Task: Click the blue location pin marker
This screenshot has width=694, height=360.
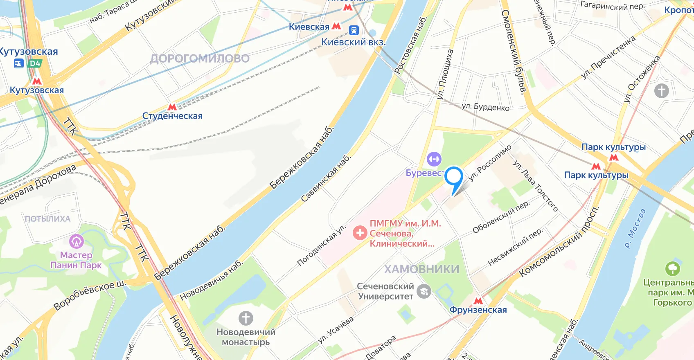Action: point(453,177)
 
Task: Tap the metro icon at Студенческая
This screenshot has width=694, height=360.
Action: point(172,107)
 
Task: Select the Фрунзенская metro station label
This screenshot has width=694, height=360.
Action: point(478,310)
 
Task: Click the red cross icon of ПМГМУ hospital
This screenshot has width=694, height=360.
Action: point(360,233)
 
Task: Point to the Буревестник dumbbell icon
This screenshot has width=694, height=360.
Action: point(434,159)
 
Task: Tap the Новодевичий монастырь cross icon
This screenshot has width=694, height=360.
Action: point(246,318)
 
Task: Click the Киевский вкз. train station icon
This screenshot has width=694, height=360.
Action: point(354,30)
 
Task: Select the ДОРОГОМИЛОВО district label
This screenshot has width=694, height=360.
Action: point(200,59)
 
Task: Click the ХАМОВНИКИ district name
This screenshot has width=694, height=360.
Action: point(421,269)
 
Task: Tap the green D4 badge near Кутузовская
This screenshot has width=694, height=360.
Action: point(35,63)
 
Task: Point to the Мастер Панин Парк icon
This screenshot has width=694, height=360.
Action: point(76,241)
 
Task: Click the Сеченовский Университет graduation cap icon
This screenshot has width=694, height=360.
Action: point(424,291)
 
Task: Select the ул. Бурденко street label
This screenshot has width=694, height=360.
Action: point(485,107)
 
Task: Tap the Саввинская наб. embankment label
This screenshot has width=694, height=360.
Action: point(326,178)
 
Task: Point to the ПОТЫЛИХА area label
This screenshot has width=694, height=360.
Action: point(48,219)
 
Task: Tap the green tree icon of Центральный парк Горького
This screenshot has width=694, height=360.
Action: point(672,269)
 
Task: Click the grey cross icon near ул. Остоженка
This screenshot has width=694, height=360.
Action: point(661,90)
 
